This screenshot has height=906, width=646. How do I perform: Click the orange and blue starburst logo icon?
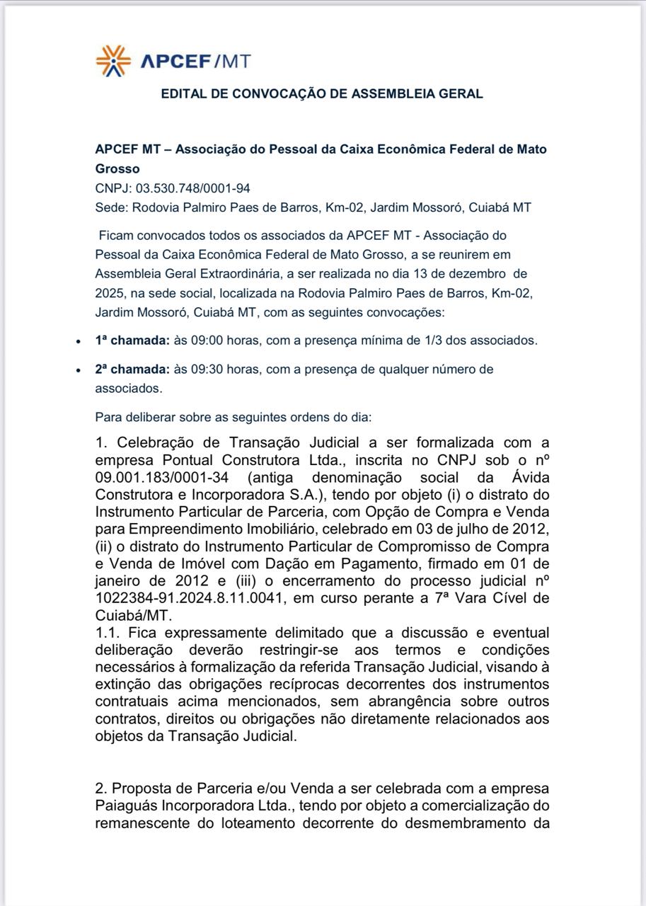(113, 61)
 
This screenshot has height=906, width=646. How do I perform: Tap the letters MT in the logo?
(236, 62)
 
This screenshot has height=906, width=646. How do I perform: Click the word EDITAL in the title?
(183, 93)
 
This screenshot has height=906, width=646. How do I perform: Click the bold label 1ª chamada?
(132, 340)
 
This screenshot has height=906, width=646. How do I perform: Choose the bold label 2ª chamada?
(132, 369)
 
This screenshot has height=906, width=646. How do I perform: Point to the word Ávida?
(530, 478)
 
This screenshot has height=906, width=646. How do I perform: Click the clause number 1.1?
(105, 632)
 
